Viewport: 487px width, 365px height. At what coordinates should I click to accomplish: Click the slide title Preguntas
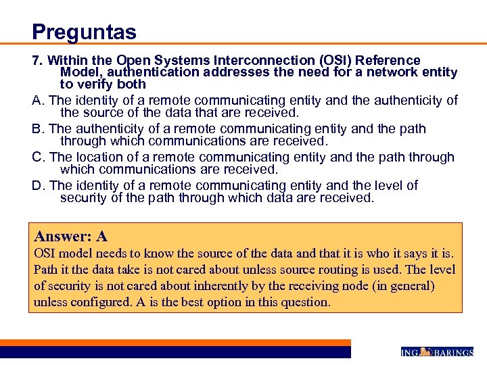tap(84, 31)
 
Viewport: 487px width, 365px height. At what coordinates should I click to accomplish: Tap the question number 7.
tap(38, 61)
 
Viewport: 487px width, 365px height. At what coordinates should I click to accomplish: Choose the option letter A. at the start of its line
tap(39, 101)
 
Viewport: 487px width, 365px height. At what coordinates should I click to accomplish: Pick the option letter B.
tap(39, 128)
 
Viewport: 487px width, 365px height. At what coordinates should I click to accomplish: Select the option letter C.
tap(39, 157)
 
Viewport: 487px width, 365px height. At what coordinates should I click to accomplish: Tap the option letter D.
tap(39, 185)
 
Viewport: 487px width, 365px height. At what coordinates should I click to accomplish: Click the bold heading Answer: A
tap(71, 236)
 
